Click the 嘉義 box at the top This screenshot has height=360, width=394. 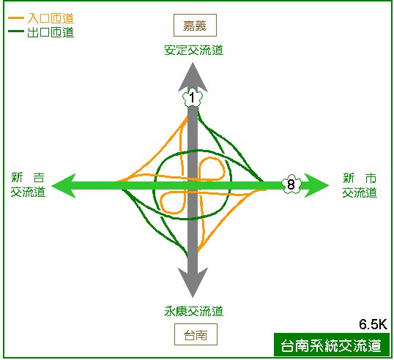tap(195, 25)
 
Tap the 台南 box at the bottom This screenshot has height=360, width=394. tap(196, 334)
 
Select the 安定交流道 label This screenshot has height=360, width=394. tap(194, 50)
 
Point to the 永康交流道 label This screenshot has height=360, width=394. tap(194, 311)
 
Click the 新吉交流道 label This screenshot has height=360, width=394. tap(28, 185)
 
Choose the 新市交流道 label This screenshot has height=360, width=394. tap(360, 185)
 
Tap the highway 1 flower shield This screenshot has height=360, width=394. tap(193, 97)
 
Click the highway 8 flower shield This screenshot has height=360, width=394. tap(291, 184)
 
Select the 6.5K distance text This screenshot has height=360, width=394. tap(373, 324)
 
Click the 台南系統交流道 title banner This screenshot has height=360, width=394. tap(332, 345)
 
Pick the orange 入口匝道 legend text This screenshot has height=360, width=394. tap(51, 18)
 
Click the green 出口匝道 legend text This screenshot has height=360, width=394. tap(51, 32)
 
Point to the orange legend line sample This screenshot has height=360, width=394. tap(16, 18)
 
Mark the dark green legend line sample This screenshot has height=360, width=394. tap(16, 31)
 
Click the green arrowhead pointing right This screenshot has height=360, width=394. tap(316, 186)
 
